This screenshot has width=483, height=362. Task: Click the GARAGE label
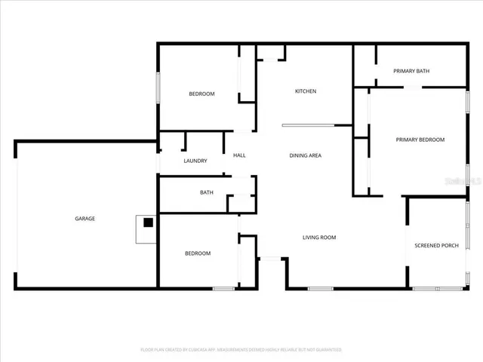tap(85, 219)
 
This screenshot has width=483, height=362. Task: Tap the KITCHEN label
tap(305, 91)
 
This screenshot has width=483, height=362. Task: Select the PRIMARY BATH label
tap(411, 71)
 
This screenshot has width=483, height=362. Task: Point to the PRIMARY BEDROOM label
tap(420, 140)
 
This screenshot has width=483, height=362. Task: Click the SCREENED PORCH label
tap(436, 246)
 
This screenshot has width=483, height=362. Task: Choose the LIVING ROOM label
tap(319, 238)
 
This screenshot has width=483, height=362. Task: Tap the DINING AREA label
tap(306, 155)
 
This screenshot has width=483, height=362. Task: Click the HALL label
tap(239, 155)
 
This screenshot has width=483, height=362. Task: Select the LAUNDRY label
tap(195, 161)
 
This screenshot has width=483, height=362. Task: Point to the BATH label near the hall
tap(206, 192)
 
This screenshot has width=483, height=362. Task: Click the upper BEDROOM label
tap(202, 94)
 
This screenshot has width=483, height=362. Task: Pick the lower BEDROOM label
tap(198, 253)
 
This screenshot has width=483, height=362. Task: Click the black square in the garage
tap(149, 223)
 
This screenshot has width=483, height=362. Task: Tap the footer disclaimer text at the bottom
tap(241, 350)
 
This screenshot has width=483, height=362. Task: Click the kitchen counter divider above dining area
tap(317, 125)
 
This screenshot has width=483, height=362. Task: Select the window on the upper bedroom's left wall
tap(158, 87)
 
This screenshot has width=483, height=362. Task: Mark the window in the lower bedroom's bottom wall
tap(223, 288)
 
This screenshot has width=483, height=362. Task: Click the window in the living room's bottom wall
tap(321, 288)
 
